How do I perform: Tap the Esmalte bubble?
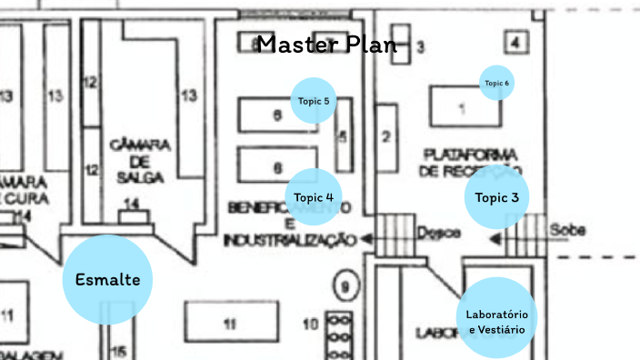click(x=107, y=279)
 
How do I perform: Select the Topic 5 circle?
click(x=314, y=100)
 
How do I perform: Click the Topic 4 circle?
click(x=314, y=197)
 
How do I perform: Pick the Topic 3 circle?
click(x=496, y=197)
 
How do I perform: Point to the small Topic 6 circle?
click(x=496, y=83)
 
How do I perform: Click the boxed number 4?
click(x=515, y=42)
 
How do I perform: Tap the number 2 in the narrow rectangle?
click(x=385, y=138)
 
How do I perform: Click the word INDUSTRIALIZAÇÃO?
click(x=289, y=240)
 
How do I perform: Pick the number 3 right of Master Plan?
click(x=420, y=47)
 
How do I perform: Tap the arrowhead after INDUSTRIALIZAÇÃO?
click(x=366, y=239)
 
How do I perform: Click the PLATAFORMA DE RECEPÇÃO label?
click(x=469, y=162)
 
